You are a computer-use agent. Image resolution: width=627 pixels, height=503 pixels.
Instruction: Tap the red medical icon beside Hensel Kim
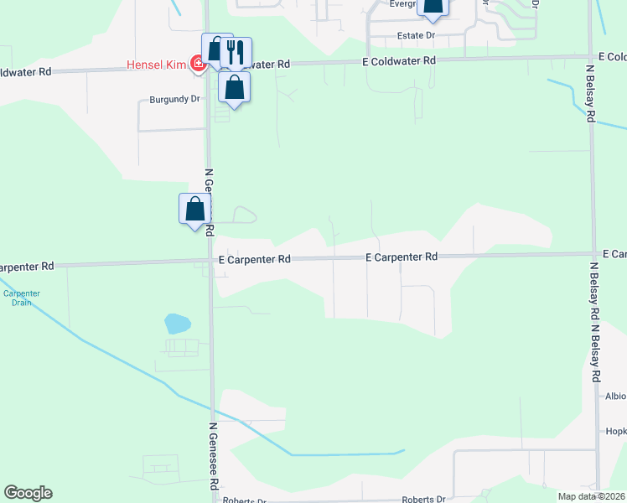198,64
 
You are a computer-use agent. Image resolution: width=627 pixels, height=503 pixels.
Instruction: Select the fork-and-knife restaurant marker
236,52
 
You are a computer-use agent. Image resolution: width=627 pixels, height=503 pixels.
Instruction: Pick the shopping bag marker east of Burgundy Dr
234,86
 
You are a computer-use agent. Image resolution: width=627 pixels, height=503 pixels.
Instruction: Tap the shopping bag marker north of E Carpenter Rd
194,208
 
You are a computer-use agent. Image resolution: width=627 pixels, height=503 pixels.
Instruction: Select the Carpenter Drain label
21,298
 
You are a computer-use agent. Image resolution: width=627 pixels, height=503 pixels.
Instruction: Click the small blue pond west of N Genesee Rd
178,324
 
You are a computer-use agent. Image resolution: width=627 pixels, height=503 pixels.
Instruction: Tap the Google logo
28,493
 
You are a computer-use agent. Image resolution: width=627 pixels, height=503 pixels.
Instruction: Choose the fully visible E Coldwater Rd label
399,61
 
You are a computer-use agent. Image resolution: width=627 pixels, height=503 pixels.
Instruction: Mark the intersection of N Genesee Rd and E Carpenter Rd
210,261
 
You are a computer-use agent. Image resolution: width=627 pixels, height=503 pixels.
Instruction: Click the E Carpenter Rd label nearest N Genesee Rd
255,260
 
